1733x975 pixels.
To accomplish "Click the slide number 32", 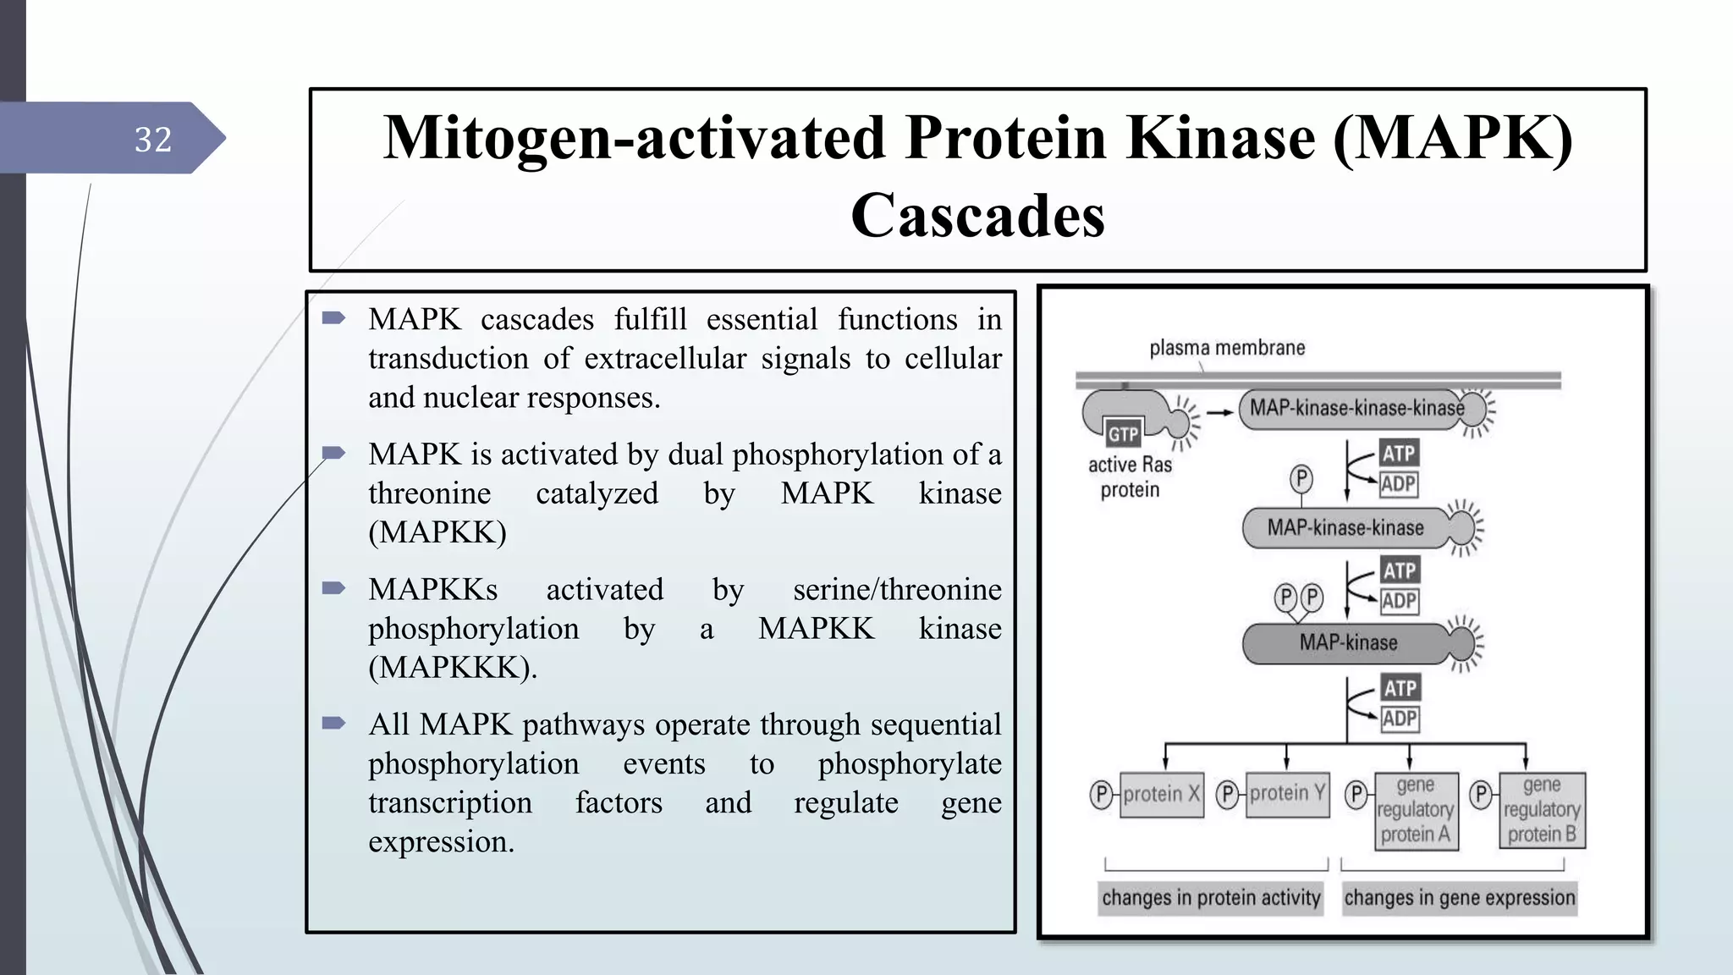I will pos(153,140).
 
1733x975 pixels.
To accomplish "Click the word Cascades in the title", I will pos(977,215).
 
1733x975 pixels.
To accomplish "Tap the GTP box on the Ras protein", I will pos(1123,434).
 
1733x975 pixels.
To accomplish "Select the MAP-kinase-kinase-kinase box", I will pos(1356,409).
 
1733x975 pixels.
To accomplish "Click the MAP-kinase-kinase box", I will pos(1345,528).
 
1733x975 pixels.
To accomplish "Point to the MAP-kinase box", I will pos(1347,643).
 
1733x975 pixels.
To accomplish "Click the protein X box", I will pos(1161,794).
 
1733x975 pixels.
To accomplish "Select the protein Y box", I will pos(1287,794).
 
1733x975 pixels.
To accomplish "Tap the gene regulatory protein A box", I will pos(1416,810).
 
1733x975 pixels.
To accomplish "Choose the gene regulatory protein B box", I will pos(1542,810).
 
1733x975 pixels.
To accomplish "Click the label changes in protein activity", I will pos(1210,898).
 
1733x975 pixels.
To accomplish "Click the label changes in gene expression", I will pos(1460,898).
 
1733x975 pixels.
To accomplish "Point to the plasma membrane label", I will pos(1226,348).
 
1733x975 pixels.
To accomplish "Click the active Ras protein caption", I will pos(1130,476).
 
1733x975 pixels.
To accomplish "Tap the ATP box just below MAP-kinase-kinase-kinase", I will pos(1399,454).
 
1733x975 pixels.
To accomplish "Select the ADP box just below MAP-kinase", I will pos(1400,719).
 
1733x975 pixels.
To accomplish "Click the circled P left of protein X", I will pos(1101,794).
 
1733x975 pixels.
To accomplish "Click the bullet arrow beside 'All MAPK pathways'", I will pos(333,724).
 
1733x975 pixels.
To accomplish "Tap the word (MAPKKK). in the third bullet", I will pos(453,668).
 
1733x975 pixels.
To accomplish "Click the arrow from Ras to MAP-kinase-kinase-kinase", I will pos(1219,412).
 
